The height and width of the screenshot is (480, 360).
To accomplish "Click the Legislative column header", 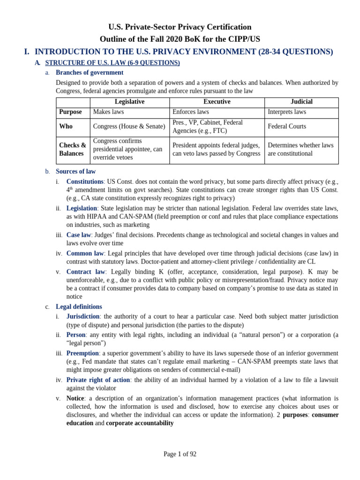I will pos(129,102).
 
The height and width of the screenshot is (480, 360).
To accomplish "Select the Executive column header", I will pos(217,102).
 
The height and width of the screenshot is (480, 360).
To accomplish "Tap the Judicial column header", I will pos(301,102).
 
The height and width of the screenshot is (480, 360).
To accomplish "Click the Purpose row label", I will pos(70,112).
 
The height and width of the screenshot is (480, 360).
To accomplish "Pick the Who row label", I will pos(66,127).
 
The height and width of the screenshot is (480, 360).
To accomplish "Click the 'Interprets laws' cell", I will pos(287,112).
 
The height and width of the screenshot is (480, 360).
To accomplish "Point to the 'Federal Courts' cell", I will pos(287,127).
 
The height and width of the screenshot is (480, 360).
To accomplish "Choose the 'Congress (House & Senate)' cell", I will pos(129,127).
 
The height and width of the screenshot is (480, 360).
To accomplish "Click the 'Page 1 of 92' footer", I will pos(180,454).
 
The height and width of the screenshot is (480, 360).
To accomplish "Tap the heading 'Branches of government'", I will pos(90,73).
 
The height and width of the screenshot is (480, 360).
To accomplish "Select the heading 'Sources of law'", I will pos(75,172).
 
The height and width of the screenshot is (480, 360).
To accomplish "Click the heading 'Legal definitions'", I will pos(79,307).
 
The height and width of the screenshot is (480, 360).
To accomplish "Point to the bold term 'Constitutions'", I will pos(85,181).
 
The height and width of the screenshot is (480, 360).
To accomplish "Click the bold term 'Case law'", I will pos(78,235).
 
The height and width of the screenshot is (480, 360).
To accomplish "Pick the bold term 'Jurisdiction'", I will pos(83,316).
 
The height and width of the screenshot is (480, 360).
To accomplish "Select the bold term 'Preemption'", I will pos(82,353).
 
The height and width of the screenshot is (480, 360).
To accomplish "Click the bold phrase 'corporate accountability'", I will pos(140,423).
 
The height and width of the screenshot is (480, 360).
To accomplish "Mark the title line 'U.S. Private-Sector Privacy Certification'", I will pos(180,27).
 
